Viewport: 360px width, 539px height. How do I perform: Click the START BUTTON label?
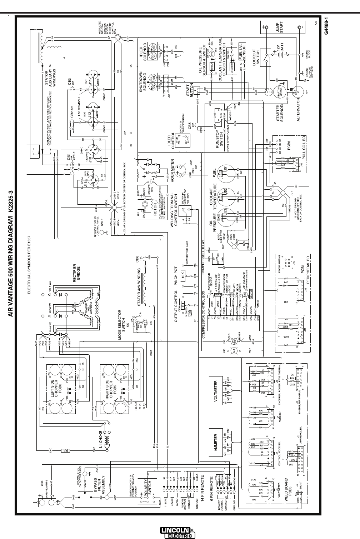pyautogui.click(x=190, y=91)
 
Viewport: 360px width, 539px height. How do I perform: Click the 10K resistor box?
pyautogui.click(x=182, y=275)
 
